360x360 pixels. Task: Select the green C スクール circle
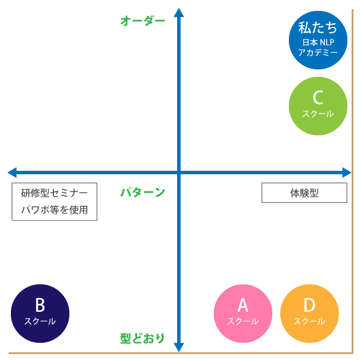[x=318, y=106]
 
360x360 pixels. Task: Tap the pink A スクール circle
[x=242, y=314]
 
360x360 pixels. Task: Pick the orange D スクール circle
[x=309, y=314]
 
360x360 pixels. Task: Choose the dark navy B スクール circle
[x=40, y=314]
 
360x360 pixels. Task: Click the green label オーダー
[x=142, y=21]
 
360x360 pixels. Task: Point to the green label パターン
[x=142, y=193]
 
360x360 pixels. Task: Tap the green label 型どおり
[x=142, y=338]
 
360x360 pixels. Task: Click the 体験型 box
[x=304, y=193]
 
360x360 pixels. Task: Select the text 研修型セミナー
[x=54, y=193]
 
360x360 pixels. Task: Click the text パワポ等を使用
[x=54, y=210]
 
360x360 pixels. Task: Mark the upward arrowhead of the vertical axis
[x=179, y=13]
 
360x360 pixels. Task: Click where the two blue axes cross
[x=179, y=172]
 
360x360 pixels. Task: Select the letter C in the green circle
[x=318, y=97]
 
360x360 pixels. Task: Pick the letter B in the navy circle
[x=40, y=305]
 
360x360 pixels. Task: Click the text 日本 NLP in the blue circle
[x=318, y=42]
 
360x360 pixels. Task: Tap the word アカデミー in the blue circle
[x=318, y=53]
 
